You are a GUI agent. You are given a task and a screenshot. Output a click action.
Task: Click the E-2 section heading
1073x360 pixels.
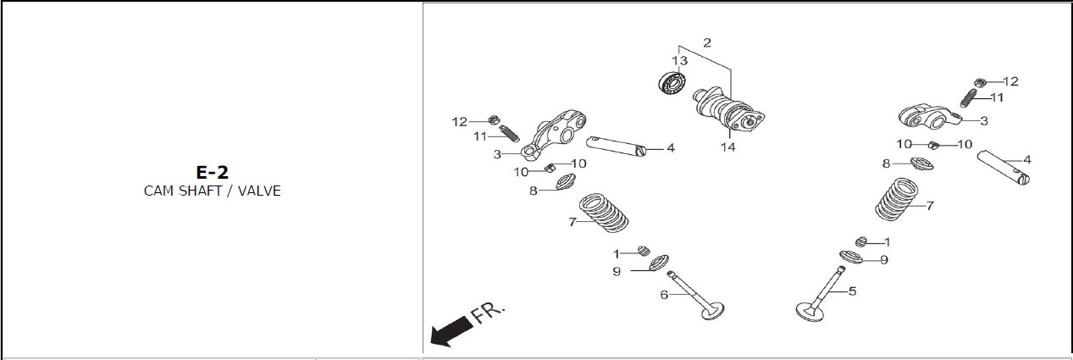pyautogui.click(x=213, y=172)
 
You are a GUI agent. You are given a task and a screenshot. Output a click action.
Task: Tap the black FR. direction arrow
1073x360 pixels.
pyautogui.click(x=451, y=330)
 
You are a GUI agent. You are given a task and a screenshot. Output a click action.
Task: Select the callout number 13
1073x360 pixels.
pyautogui.click(x=679, y=61)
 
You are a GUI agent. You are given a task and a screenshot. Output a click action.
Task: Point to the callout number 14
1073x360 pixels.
pyautogui.click(x=727, y=147)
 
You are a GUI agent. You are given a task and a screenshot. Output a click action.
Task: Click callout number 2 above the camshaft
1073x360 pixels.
pyautogui.click(x=707, y=42)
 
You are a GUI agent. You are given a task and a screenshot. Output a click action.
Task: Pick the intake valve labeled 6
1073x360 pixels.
pyautogui.click(x=696, y=296)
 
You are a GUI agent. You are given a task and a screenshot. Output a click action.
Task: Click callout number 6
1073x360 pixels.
pyautogui.click(x=664, y=294)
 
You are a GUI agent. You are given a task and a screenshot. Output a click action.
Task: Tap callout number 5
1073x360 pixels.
pyautogui.click(x=852, y=291)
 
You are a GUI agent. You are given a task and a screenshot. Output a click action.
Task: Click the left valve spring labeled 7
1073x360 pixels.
pyautogui.click(x=604, y=213)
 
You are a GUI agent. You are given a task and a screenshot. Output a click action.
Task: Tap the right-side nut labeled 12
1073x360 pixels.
pyautogui.click(x=980, y=82)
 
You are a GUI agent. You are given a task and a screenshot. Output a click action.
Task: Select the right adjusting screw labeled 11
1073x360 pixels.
pyautogui.click(x=969, y=98)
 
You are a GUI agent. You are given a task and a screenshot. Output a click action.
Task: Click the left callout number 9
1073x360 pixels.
pyautogui.click(x=617, y=272)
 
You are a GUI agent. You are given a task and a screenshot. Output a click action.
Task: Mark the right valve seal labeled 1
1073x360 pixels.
pyautogui.click(x=861, y=241)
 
